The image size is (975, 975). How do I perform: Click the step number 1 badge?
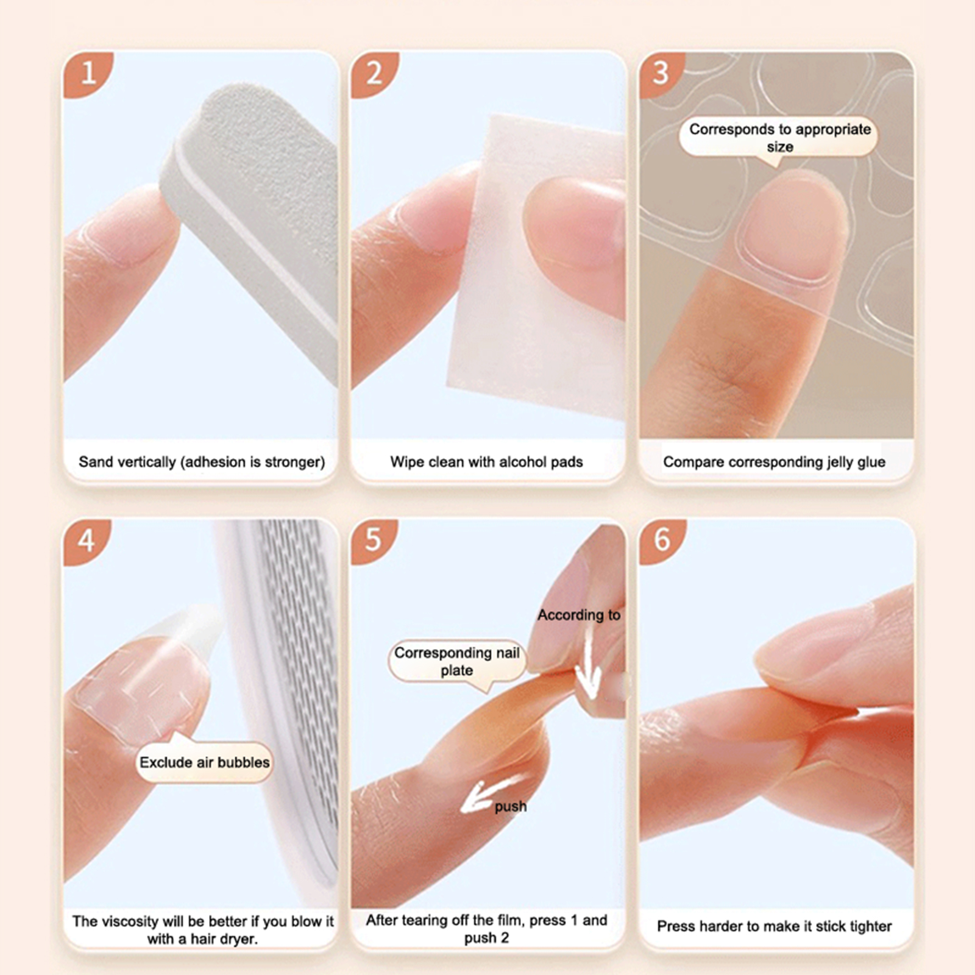tap(86, 73)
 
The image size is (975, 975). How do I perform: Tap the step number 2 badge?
tap(373, 73)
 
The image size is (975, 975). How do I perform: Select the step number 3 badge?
tap(661, 73)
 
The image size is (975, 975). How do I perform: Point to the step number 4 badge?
tap(86, 541)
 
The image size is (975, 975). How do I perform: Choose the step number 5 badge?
tap(373, 540)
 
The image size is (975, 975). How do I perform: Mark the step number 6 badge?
tap(661, 540)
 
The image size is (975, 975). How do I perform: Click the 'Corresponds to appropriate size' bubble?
tap(779, 138)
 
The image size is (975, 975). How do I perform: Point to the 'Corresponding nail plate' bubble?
tap(457, 662)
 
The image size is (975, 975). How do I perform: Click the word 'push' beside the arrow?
tap(510, 806)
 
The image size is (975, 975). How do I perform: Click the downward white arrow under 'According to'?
tap(589, 664)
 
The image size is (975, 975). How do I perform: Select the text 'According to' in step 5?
tap(579, 615)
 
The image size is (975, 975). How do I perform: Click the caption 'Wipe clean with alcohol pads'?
tap(486, 462)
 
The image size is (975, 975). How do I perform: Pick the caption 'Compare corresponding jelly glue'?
tap(774, 462)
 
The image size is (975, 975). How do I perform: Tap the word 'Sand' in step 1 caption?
tap(96, 462)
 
